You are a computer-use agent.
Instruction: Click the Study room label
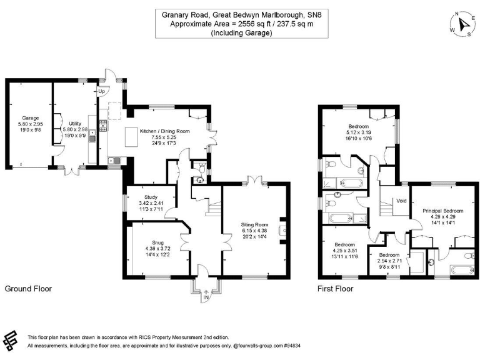(x=150, y=197)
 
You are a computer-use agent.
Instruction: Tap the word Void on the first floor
(x=401, y=201)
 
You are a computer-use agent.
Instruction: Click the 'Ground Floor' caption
(x=28, y=289)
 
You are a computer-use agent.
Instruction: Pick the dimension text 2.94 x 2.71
(x=389, y=261)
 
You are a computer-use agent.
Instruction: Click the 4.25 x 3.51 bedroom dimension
(x=344, y=250)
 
